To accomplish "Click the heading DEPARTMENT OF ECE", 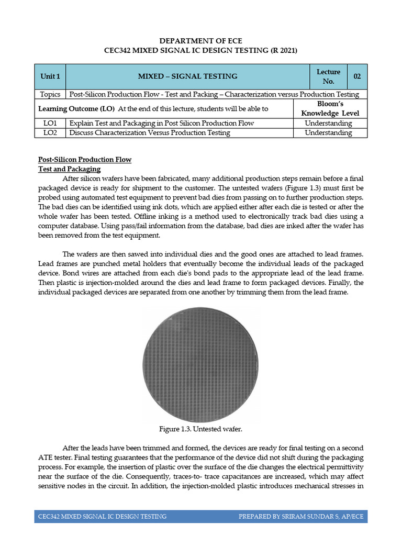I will coord(201,40).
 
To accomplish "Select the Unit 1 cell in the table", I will coord(50,76).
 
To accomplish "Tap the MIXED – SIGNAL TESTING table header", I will coord(187,76).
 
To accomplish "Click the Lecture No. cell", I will coord(328,76).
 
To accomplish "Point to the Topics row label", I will coord(50,94).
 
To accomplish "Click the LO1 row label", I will coord(50,123).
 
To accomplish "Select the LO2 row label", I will coord(50,133).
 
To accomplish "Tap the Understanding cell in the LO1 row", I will coord(328,123).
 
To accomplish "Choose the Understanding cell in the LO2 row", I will coord(328,133).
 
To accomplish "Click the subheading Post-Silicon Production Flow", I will coord(85,160).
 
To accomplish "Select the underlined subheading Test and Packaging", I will coord(70,169).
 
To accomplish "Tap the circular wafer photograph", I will coord(200,364).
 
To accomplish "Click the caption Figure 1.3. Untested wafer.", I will coord(200,429).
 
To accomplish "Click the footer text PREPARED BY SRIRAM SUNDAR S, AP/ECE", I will coord(300,517).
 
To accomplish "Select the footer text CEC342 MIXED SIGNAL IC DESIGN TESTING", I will coord(103,517).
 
